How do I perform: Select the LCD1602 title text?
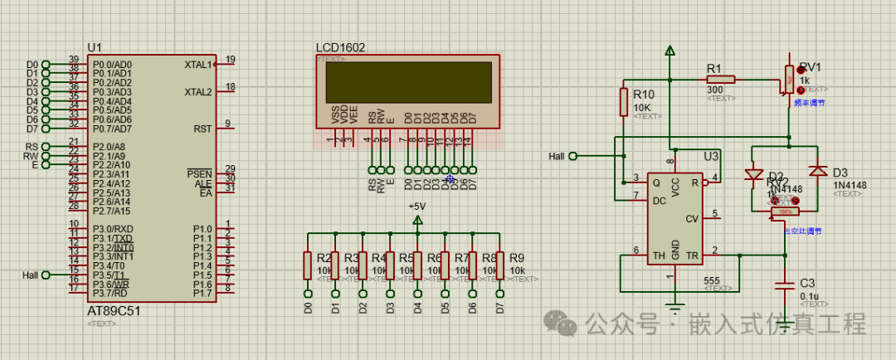[x=340, y=48]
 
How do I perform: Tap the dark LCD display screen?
[x=407, y=82]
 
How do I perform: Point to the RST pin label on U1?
[x=202, y=129]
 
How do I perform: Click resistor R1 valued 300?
[x=720, y=80]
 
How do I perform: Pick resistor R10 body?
[x=623, y=101]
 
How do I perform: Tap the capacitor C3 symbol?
[x=785, y=285]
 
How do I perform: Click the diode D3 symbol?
[x=818, y=171]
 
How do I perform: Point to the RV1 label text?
[x=810, y=67]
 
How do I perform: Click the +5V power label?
[x=416, y=206]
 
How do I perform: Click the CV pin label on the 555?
[x=690, y=219]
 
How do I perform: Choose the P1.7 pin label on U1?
[x=202, y=293]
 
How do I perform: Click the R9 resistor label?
[x=517, y=258]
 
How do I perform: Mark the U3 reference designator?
[x=711, y=156]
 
